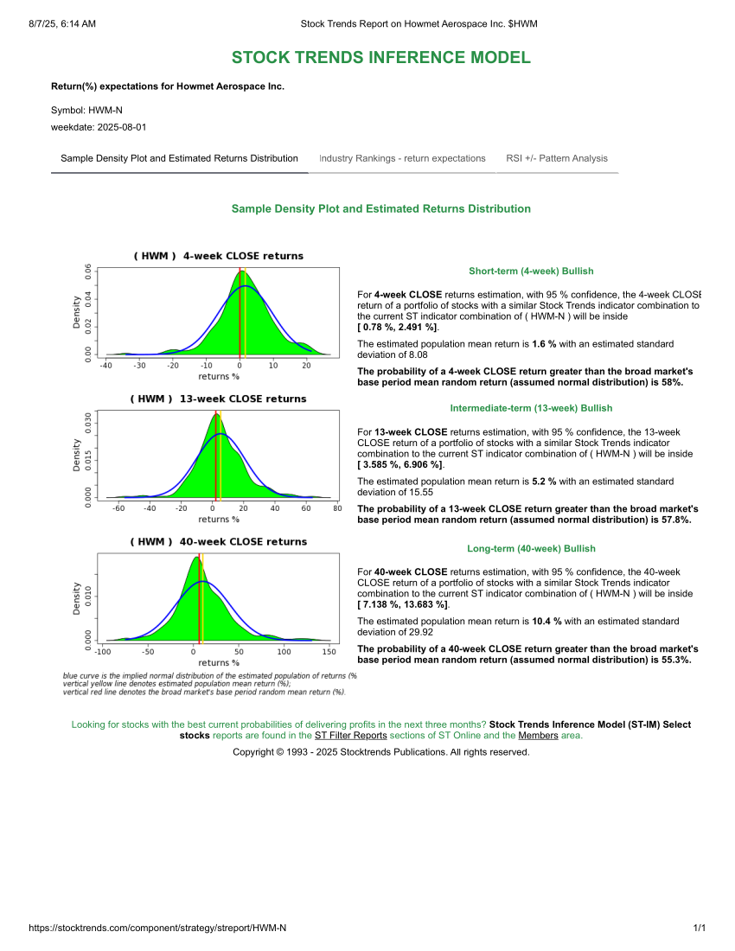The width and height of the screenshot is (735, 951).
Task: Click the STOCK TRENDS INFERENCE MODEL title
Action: coord(380,58)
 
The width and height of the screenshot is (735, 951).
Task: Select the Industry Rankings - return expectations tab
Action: coord(402,158)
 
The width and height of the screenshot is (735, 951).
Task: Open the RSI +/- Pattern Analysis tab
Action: coord(557,158)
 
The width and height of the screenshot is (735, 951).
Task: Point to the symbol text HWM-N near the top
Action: coord(105,111)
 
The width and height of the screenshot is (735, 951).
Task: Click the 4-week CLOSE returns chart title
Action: coord(218,256)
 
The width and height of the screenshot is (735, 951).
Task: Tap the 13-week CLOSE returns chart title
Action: coord(218,399)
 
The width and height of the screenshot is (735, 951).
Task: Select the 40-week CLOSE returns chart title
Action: coord(218,542)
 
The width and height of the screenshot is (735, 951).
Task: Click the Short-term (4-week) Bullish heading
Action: coord(531,271)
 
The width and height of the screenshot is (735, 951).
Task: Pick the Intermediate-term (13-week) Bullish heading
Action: coord(531,408)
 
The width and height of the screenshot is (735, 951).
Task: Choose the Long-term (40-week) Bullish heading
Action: coord(531,549)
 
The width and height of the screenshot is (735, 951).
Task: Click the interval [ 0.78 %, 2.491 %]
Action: coord(398,328)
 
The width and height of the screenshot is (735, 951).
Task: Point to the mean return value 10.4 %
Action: coord(546,621)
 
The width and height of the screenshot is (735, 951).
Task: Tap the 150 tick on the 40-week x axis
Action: coord(329,651)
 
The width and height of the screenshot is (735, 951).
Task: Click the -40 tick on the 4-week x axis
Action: coord(105,366)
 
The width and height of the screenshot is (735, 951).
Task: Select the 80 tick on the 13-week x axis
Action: coord(336,508)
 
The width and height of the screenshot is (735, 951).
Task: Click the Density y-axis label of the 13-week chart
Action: coord(77,455)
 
